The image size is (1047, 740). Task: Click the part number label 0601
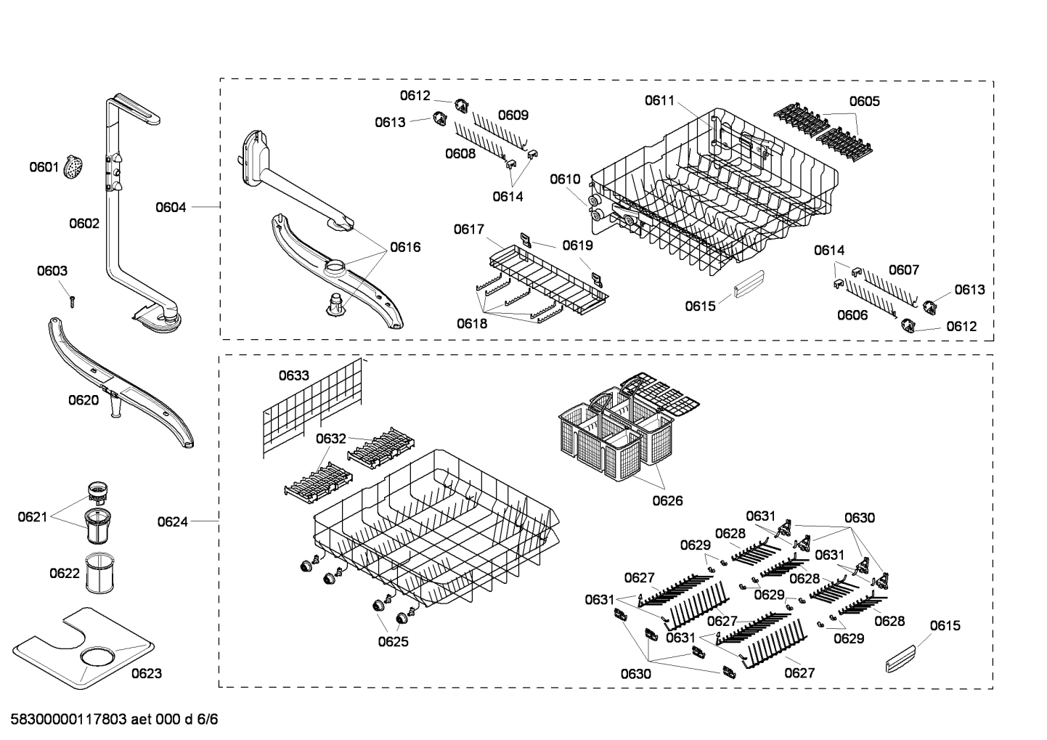click(x=44, y=168)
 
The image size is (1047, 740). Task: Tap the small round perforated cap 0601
click(x=73, y=168)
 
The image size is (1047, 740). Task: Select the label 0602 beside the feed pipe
click(x=84, y=224)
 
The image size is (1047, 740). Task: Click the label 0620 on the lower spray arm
click(x=83, y=400)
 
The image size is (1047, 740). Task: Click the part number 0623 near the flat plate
click(x=147, y=673)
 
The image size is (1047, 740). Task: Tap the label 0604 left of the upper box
click(x=171, y=208)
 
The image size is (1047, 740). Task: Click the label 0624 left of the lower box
click(x=172, y=521)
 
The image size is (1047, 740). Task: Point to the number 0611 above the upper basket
click(x=659, y=101)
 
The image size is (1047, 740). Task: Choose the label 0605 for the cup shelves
click(x=864, y=101)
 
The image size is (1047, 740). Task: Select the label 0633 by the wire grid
click(x=294, y=375)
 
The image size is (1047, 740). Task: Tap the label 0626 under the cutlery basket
click(x=667, y=500)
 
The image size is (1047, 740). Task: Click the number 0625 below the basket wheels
click(x=393, y=641)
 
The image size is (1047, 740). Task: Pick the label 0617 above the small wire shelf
click(x=469, y=229)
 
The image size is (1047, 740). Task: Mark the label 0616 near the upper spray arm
click(x=405, y=247)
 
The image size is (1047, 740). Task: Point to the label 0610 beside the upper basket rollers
click(x=565, y=179)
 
